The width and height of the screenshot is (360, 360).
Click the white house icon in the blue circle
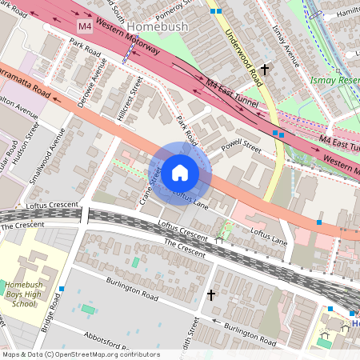pyautogui.click(x=180, y=173)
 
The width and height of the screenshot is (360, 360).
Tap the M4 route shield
pyautogui.click(x=85, y=26)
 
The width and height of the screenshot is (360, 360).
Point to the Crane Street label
pyautogui.click(x=151, y=184)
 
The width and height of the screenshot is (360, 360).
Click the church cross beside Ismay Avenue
pyautogui.click(x=264, y=70)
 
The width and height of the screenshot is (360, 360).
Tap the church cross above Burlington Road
pyautogui.click(x=211, y=295)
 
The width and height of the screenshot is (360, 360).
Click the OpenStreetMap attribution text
pyautogui.click(x=80, y=354)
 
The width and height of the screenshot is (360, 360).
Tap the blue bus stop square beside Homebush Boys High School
pyautogui.click(x=62, y=289)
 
